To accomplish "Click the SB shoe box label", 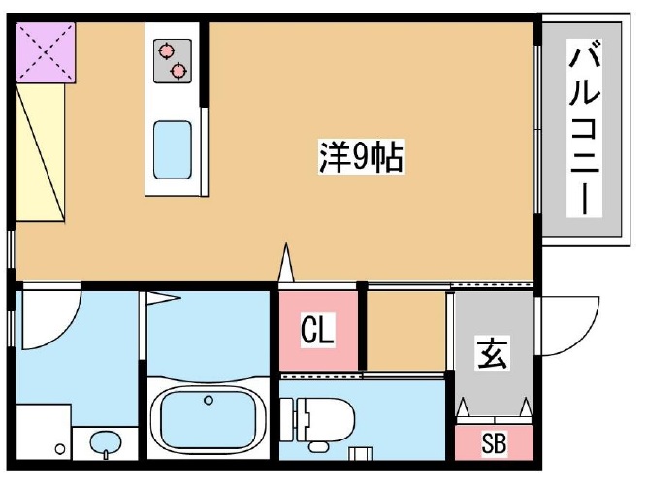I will pyautogui.click(x=494, y=445).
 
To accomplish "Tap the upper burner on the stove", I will pyautogui.click(x=166, y=49).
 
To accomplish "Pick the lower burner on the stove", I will pyautogui.click(x=178, y=70).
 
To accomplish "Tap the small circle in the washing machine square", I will pyautogui.click(x=60, y=449).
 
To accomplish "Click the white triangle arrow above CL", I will pyautogui.click(x=286, y=263).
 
